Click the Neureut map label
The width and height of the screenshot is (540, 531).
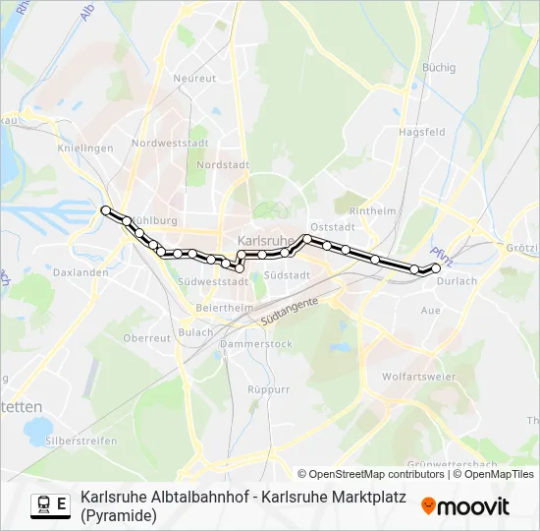coord(193,78)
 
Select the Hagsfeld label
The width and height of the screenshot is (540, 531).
coord(421,132)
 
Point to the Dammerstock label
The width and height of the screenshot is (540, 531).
coord(256,344)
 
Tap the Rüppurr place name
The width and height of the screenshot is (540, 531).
coord(269,389)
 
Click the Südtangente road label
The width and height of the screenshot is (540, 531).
coord(290,314)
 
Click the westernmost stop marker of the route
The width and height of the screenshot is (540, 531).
coord(106,209)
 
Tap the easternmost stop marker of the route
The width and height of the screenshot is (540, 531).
coord(436,266)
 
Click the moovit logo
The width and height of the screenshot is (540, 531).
coord(465,506)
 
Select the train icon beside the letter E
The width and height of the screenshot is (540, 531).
coord(44,504)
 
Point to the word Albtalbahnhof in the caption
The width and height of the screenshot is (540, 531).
coord(200,498)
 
